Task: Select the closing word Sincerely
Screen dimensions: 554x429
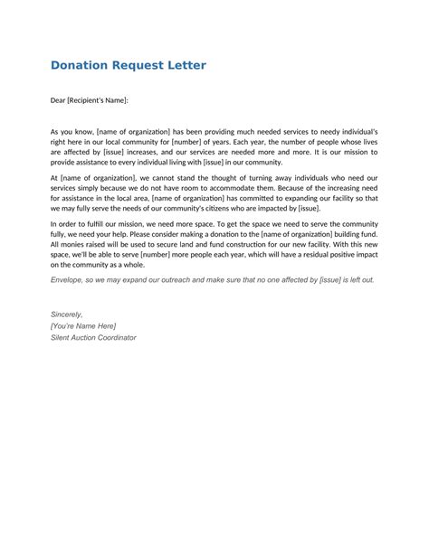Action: [66, 313]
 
